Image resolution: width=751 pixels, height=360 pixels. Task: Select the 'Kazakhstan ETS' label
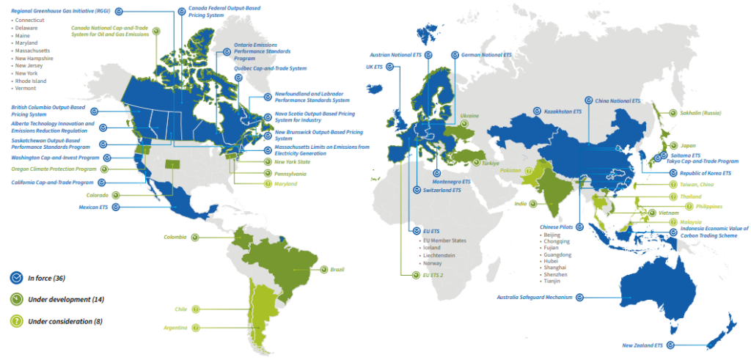pos(562,112)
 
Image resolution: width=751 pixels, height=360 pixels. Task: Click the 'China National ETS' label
pos(616,100)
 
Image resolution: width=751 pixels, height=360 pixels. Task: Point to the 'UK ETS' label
pos(373,67)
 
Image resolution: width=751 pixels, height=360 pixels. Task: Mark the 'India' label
pos(521,204)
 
